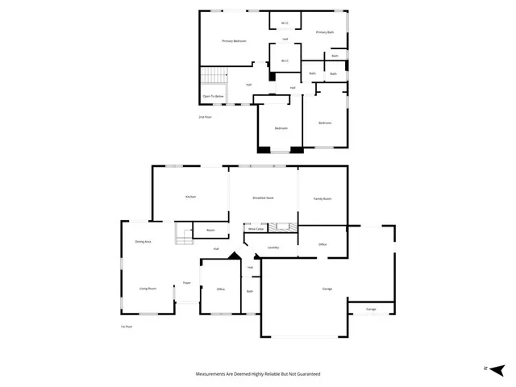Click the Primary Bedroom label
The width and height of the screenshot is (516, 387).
tap(234, 41)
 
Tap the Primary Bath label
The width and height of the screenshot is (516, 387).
tap(325, 32)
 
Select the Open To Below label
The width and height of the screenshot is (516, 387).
tap(213, 96)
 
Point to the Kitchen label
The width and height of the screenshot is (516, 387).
tap(191, 197)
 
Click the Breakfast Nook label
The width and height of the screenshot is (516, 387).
tap(263, 197)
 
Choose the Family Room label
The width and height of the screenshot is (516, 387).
tap(322, 198)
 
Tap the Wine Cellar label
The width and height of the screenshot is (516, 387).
tap(256, 229)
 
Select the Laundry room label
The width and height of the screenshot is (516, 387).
tap(273, 248)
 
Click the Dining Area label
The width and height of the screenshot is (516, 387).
tap(144, 242)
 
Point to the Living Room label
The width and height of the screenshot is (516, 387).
tap(147, 288)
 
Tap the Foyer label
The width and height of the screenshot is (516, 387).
tap(186, 283)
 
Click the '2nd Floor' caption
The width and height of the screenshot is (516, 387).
tap(205, 117)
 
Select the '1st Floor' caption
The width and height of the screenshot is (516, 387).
tap(127, 327)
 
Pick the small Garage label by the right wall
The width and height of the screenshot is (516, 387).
tap(371, 309)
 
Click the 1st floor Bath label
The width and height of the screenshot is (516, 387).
tap(250, 291)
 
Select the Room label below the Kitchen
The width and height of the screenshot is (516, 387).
tap(210, 231)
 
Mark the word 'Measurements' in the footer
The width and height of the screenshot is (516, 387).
tap(213, 374)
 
